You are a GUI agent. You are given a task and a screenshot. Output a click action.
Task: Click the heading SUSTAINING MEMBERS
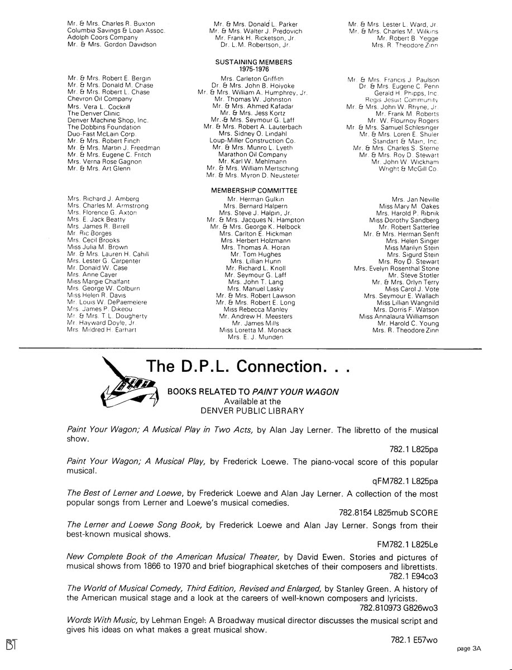pyautogui.click(x=253, y=62)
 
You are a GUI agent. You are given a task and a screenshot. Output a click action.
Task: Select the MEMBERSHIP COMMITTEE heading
pyautogui.click(x=254, y=191)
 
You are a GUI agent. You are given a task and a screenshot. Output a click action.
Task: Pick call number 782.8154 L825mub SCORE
pyautogui.click(x=388, y=513)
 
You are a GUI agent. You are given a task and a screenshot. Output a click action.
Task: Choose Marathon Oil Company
pyautogui.click(x=252, y=155)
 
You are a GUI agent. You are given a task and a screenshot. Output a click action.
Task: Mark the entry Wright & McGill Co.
pyautogui.click(x=408, y=168)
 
